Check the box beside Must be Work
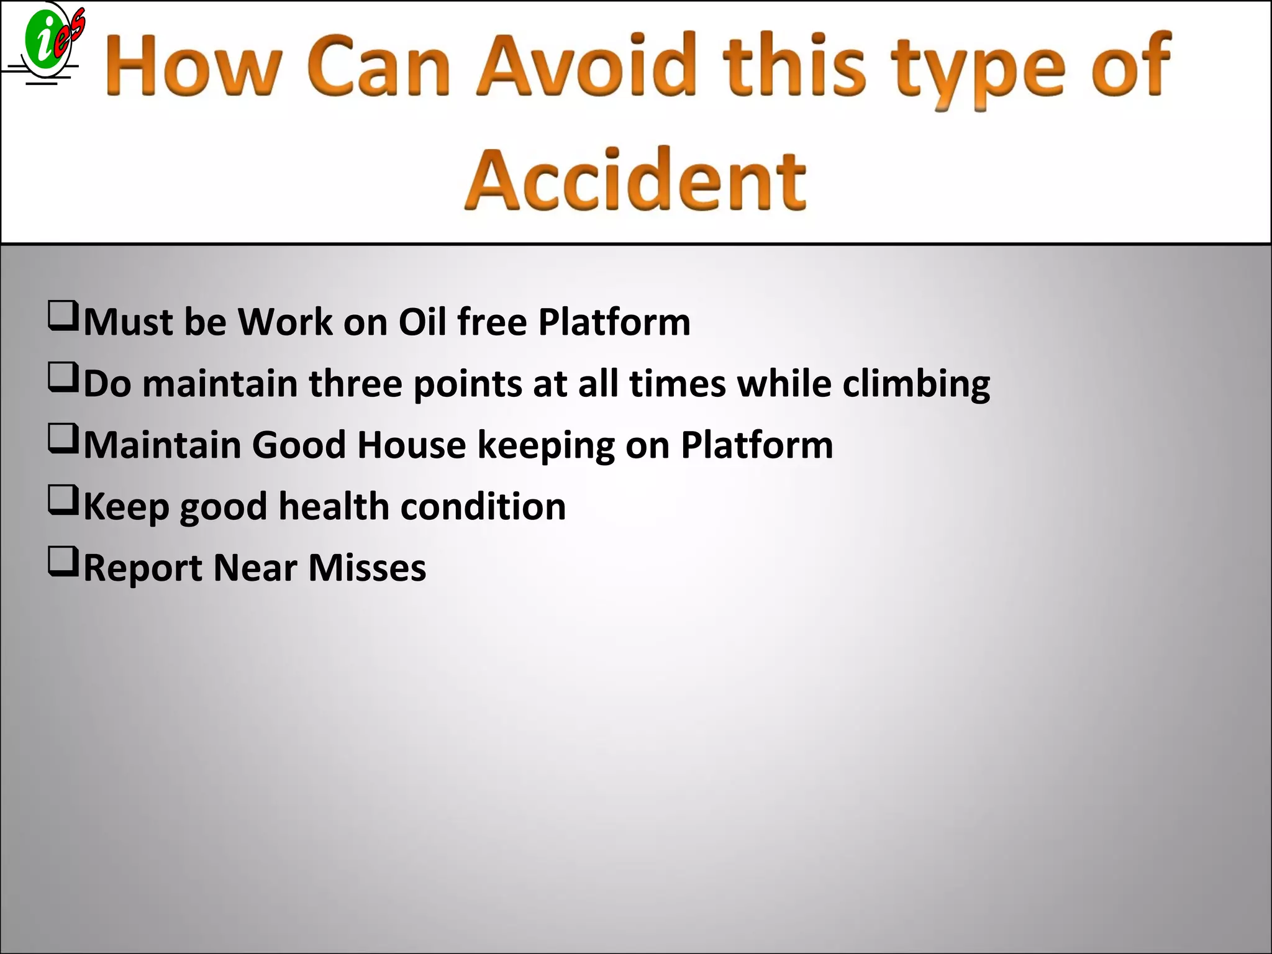pyautogui.click(x=63, y=316)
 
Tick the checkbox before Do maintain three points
pyautogui.click(x=63, y=378)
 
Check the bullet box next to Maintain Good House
pyautogui.click(x=63, y=438)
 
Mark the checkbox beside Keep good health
pyautogui.click(x=63, y=500)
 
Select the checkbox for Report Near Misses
pyautogui.click(x=63, y=561)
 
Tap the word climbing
pyautogui.click(x=915, y=384)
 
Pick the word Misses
pyautogui.click(x=367, y=567)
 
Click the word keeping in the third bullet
pyautogui.click(x=546, y=446)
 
